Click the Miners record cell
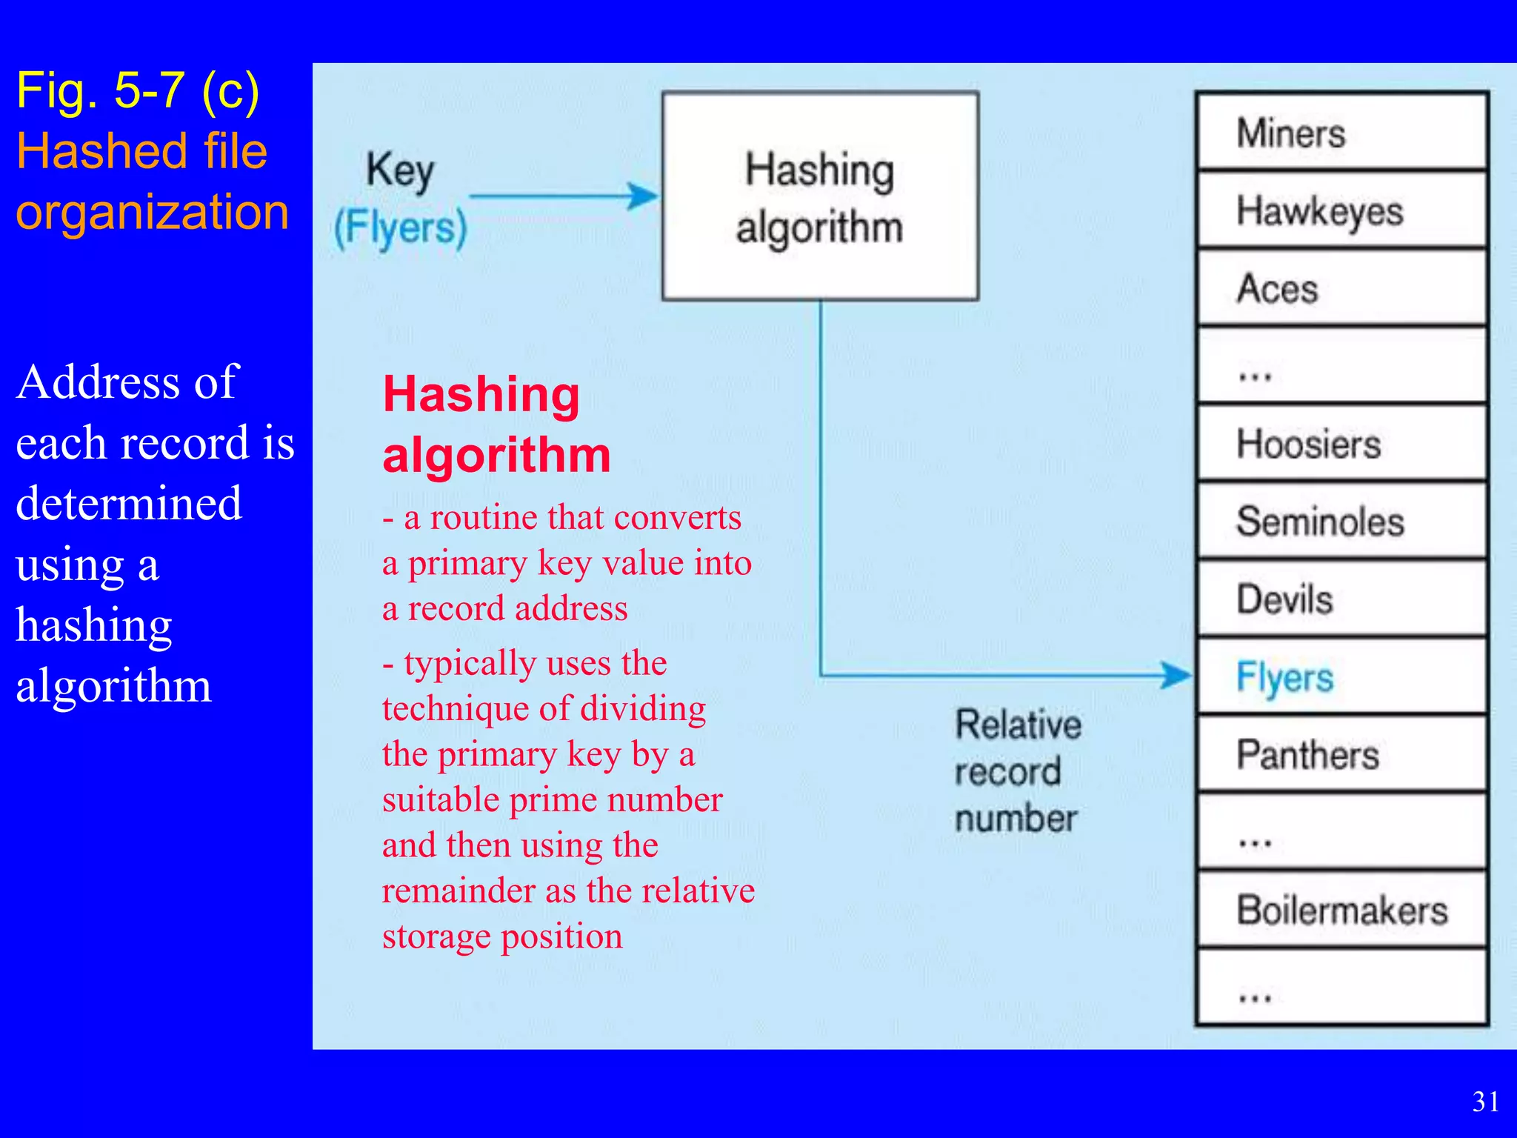click(1341, 133)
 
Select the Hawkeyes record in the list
click(1341, 210)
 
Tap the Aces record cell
click(1341, 288)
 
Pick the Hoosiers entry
click(1341, 444)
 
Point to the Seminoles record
click(1341, 521)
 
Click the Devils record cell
click(1341, 599)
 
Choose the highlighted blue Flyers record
click(1341, 676)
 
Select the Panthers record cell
click(1341, 754)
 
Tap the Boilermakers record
click(1341, 910)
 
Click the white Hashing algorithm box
click(820, 196)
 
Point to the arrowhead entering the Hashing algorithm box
click(643, 196)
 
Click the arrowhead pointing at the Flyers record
click(1176, 675)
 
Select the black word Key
click(400, 170)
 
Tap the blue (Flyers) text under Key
click(400, 227)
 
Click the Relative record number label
click(1018, 771)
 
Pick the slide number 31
click(1486, 1102)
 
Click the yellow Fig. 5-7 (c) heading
click(138, 91)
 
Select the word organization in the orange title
click(153, 212)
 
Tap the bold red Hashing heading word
click(481, 394)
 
